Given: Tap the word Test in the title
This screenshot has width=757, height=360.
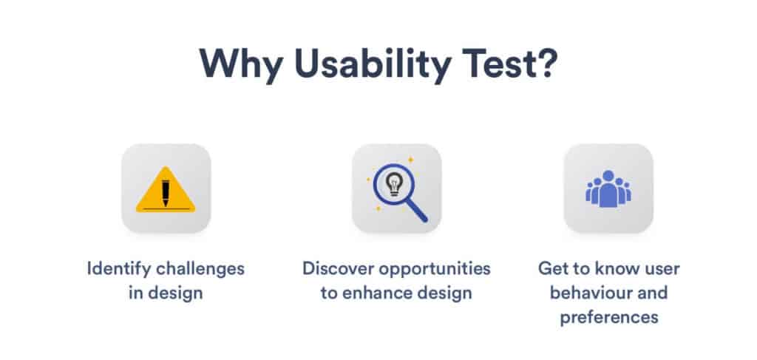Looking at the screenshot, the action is (x=495, y=64).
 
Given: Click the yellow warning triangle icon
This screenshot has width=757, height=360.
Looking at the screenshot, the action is (x=166, y=190).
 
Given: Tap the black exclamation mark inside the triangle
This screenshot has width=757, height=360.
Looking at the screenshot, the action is (x=166, y=193).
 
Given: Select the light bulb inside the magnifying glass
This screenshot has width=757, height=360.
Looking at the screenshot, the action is (x=394, y=184).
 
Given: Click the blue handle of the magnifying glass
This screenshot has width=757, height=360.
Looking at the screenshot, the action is (x=417, y=211).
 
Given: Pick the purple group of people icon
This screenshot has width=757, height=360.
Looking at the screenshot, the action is (x=608, y=189).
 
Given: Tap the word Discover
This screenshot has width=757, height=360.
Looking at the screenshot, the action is (x=338, y=268).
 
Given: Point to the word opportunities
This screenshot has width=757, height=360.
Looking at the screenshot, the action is (x=435, y=269).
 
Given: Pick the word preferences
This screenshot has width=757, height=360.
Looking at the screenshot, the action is (x=609, y=318).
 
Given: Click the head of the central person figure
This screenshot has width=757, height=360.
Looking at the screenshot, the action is (x=608, y=176).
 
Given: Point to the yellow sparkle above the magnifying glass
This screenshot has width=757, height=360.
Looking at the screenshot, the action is (x=411, y=160).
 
